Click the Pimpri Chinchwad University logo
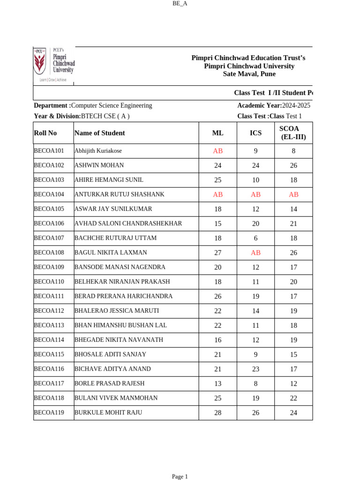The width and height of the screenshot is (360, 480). click(x=53, y=64)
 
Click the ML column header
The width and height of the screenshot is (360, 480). click(x=218, y=133)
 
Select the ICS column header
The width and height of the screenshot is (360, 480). click(x=255, y=133)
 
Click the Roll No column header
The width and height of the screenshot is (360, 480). click(x=45, y=133)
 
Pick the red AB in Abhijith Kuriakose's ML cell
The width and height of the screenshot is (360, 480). click(x=218, y=151)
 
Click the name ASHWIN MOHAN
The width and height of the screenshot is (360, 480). click(x=99, y=165)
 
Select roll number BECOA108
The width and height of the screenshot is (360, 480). click(x=49, y=253)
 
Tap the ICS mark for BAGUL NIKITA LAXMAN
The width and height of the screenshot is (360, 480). click(x=255, y=253)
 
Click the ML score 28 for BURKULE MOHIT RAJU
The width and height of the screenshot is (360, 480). click(x=218, y=413)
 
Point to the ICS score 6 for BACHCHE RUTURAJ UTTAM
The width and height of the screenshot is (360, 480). click(x=255, y=238)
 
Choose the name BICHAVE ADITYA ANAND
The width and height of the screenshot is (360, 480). click(x=112, y=369)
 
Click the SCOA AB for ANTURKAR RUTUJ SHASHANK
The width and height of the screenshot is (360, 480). click(x=293, y=195)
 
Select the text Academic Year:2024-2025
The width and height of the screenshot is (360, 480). click(x=274, y=105)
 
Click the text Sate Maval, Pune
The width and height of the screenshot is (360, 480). click(x=249, y=74)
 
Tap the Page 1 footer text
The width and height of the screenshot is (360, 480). click(x=180, y=477)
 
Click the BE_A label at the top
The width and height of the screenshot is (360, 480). click(x=180, y=3)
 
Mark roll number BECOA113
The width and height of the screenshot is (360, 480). click(x=49, y=325)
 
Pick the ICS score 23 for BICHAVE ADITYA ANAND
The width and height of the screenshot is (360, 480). click(x=255, y=369)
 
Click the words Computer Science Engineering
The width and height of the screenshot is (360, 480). click(x=112, y=105)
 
